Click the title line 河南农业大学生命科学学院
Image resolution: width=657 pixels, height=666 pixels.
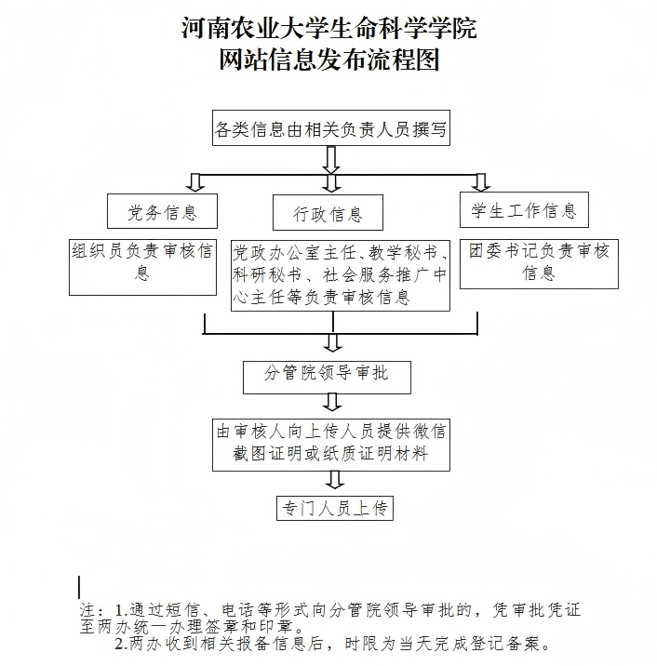(x=328, y=29)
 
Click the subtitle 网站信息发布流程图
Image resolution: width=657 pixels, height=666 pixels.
(x=328, y=61)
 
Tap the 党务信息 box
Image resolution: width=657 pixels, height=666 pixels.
(x=163, y=212)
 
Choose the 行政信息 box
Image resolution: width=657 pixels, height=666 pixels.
(x=317, y=215)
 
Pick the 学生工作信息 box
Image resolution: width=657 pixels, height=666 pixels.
(x=524, y=210)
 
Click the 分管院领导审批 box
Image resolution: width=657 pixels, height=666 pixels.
(x=327, y=374)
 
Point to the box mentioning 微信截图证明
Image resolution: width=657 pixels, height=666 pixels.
(x=331, y=444)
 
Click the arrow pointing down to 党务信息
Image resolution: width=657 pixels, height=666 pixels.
(x=195, y=181)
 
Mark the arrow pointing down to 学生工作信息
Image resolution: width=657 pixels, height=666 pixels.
(x=480, y=181)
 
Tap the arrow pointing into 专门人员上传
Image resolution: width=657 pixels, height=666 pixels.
(x=332, y=480)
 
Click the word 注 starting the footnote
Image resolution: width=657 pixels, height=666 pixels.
(x=88, y=611)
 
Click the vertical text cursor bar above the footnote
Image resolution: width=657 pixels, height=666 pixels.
(x=80, y=587)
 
